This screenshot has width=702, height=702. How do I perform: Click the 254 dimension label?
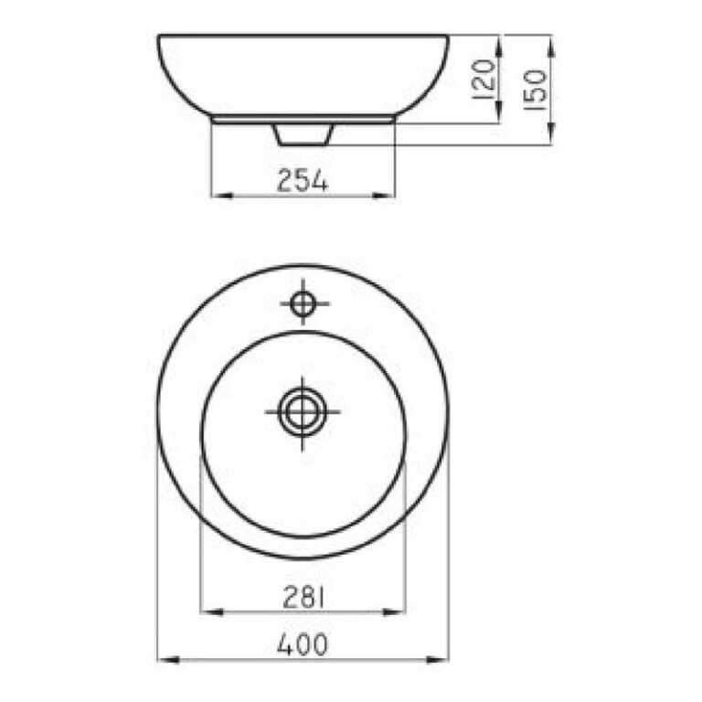tap(303, 180)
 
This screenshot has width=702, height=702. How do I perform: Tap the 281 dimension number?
tap(303, 597)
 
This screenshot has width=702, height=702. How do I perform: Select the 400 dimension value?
tap(303, 644)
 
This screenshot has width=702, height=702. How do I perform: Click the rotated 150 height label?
tap(535, 89)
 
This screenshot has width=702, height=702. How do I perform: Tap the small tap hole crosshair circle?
tap(303, 303)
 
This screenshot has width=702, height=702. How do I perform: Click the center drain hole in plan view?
tap(303, 412)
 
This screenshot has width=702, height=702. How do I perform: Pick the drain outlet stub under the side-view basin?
tap(303, 134)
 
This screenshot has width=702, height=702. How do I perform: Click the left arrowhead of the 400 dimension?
tap(169, 659)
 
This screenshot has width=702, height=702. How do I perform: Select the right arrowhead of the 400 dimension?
tap(438, 659)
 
